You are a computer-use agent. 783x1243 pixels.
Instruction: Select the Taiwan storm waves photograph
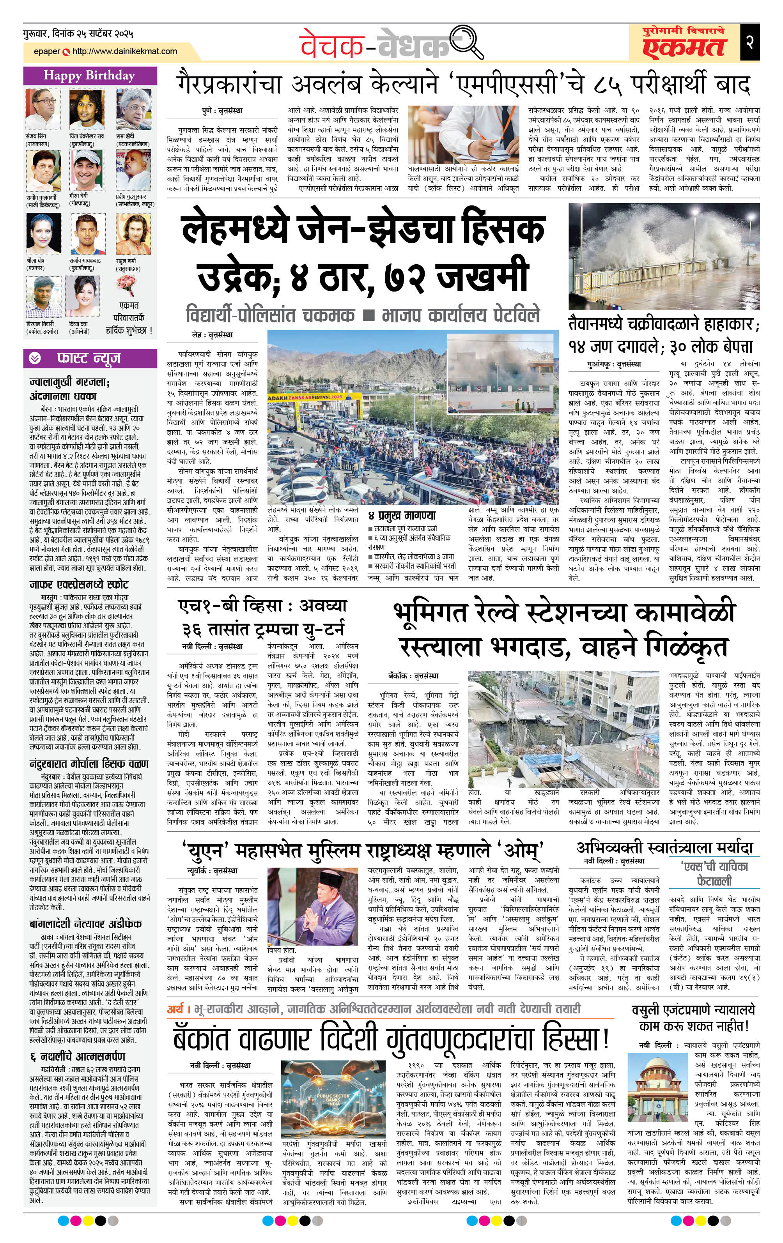tap(663, 256)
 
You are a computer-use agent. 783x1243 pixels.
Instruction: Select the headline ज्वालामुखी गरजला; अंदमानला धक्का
tap(70, 389)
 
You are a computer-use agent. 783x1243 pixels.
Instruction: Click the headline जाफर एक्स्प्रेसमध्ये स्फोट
tap(78, 584)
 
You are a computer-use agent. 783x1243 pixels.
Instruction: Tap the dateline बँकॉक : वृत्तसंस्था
tap(413, 675)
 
